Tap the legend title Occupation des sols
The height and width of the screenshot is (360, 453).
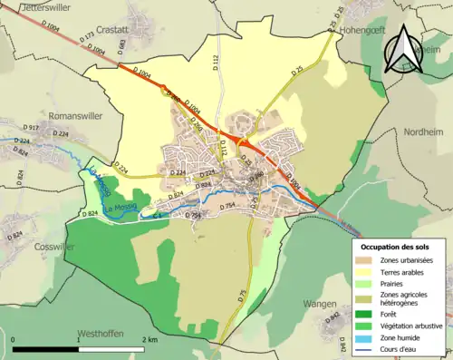396,247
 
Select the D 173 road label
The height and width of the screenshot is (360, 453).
88,41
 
